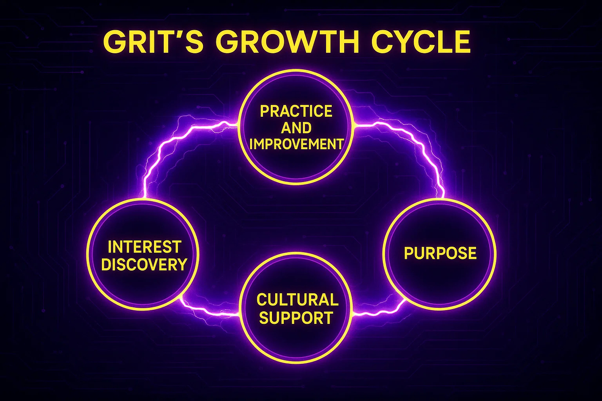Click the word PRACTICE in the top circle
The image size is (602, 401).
tap(296, 111)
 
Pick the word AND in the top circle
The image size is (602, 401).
tap(296, 128)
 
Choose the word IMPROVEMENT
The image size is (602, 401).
tap(296, 145)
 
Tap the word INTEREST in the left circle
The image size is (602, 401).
tap(144, 247)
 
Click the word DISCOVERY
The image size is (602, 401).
tap(144, 265)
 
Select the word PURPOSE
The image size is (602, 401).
tap(440, 253)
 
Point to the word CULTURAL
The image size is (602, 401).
tap(297, 300)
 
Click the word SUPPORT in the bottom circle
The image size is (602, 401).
tap(296, 318)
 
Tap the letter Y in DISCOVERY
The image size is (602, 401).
tap(182, 265)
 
